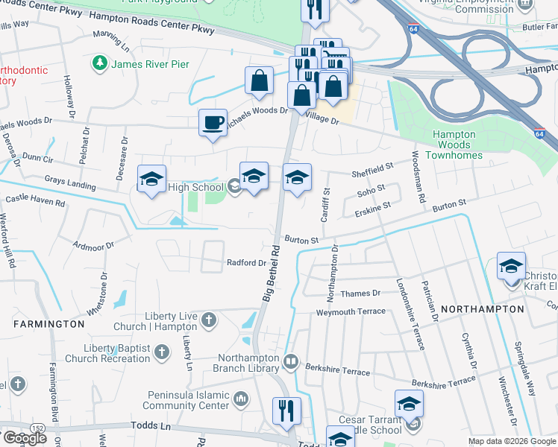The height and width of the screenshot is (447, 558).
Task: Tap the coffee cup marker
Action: coord(213,122)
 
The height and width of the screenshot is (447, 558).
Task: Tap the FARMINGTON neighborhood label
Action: coord(48,324)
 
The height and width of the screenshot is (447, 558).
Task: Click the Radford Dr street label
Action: coord(246,263)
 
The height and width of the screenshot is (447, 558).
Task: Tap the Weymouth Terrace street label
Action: coord(351,312)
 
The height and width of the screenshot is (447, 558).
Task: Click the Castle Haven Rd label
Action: coord(35,200)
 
